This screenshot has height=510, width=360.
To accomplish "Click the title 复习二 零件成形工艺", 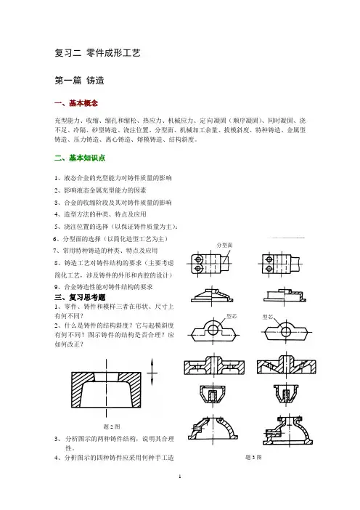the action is [x=97, y=53].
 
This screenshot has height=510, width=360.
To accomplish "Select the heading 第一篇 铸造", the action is [x=79, y=81].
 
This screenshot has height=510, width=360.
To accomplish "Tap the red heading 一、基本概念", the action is [x=76, y=103].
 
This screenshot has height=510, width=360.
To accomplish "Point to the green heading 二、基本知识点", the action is [x=80, y=158].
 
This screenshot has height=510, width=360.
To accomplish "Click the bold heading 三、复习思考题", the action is [x=80, y=297].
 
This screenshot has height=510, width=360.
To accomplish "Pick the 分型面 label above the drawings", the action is [x=224, y=245].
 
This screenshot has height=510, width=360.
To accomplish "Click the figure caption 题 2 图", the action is [x=112, y=426].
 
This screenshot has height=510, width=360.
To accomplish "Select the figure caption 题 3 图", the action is [x=253, y=457].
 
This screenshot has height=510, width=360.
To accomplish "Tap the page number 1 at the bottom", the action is [x=180, y=477].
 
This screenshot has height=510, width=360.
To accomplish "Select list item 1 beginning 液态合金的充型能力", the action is [x=113, y=178].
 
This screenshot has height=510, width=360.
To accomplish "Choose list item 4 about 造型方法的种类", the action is [x=100, y=214].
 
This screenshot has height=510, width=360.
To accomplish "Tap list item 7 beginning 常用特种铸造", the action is [x=105, y=251].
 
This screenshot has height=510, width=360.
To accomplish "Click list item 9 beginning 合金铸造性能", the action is [x=103, y=287].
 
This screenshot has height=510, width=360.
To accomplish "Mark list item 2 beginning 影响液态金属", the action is [x=100, y=190].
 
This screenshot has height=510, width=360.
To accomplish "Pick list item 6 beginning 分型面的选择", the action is [x=110, y=239].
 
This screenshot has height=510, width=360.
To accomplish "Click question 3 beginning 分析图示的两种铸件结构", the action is [x=115, y=443].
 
